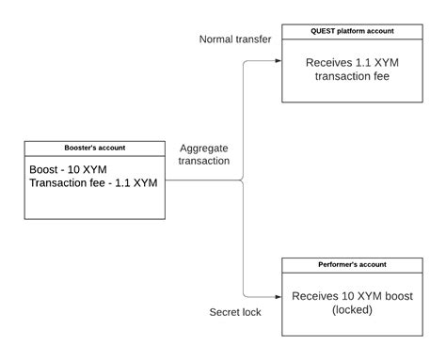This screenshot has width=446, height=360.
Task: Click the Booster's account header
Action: [x=94, y=148]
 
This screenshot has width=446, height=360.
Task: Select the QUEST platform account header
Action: [x=353, y=31]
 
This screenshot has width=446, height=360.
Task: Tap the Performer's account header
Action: [x=353, y=265]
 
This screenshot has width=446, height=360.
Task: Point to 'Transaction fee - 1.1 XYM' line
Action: [x=93, y=183]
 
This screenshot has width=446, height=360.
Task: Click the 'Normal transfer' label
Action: [x=235, y=39]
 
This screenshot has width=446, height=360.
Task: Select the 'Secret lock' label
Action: [x=234, y=311]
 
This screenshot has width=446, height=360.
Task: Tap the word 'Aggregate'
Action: [x=204, y=148]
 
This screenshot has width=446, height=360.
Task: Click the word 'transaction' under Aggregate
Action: [x=204, y=162]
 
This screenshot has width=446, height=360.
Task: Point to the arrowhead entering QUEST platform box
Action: [x=279, y=62]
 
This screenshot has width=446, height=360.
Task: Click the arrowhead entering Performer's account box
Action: [x=279, y=296]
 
